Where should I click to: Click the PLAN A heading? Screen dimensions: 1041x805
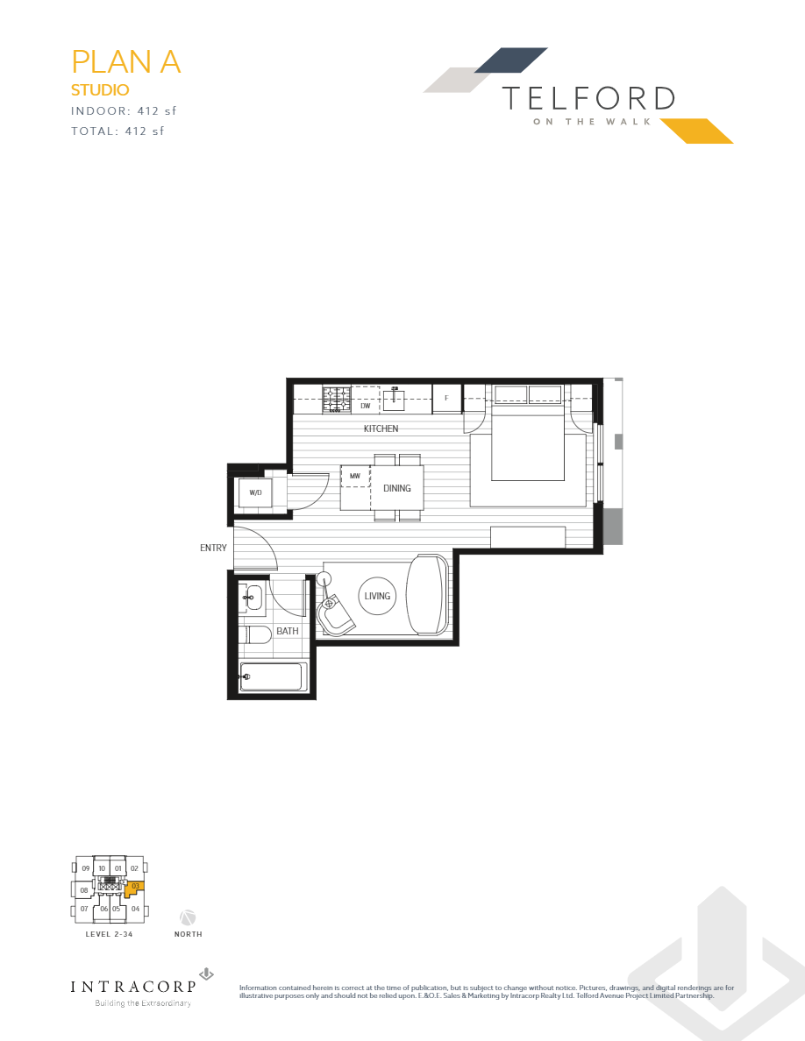coord(125,62)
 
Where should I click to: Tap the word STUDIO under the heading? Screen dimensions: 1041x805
coord(100,89)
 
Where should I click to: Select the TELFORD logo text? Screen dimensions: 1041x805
coord(588,98)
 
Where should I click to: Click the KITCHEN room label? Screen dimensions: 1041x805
coord(381,428)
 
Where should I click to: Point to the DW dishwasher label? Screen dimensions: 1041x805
coord(366,406)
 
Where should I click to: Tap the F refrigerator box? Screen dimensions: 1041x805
coord(446,399)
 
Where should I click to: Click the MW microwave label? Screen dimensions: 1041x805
coord(355,476)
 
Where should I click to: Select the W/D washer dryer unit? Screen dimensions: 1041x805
coord(255,492)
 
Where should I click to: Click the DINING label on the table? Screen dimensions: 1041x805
coord(397,488)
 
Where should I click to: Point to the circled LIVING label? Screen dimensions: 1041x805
coord(377,596)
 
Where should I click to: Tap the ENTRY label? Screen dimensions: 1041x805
coord(213,548)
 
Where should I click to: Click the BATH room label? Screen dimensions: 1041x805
coord(288,631)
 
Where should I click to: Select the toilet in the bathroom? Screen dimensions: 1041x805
coord(256,634)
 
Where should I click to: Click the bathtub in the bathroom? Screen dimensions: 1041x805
coord(273,676)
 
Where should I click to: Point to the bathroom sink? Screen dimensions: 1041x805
coord(253,598)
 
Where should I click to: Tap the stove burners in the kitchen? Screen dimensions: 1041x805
coord(338,400)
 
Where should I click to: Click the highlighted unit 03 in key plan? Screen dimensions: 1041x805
coord(135,887)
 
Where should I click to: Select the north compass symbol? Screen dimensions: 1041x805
coord(188,917)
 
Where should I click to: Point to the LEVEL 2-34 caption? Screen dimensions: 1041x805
coord(109,934)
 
